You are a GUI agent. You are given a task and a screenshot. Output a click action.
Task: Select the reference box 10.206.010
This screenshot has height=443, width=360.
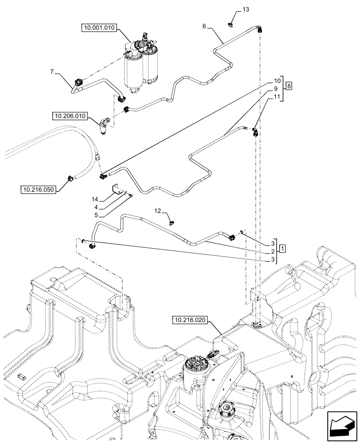pos(70,117)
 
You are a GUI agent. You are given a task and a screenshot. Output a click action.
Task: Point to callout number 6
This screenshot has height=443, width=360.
pos(204,27)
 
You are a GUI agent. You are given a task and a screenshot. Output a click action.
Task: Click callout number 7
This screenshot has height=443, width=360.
pos(52,71)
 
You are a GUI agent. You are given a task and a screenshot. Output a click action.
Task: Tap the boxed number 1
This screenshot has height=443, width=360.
pos(282,247)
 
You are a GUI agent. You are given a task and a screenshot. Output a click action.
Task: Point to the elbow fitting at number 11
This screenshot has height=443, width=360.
pos(255,132)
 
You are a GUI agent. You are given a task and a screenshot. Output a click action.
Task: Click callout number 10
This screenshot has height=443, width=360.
pos(277,81)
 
